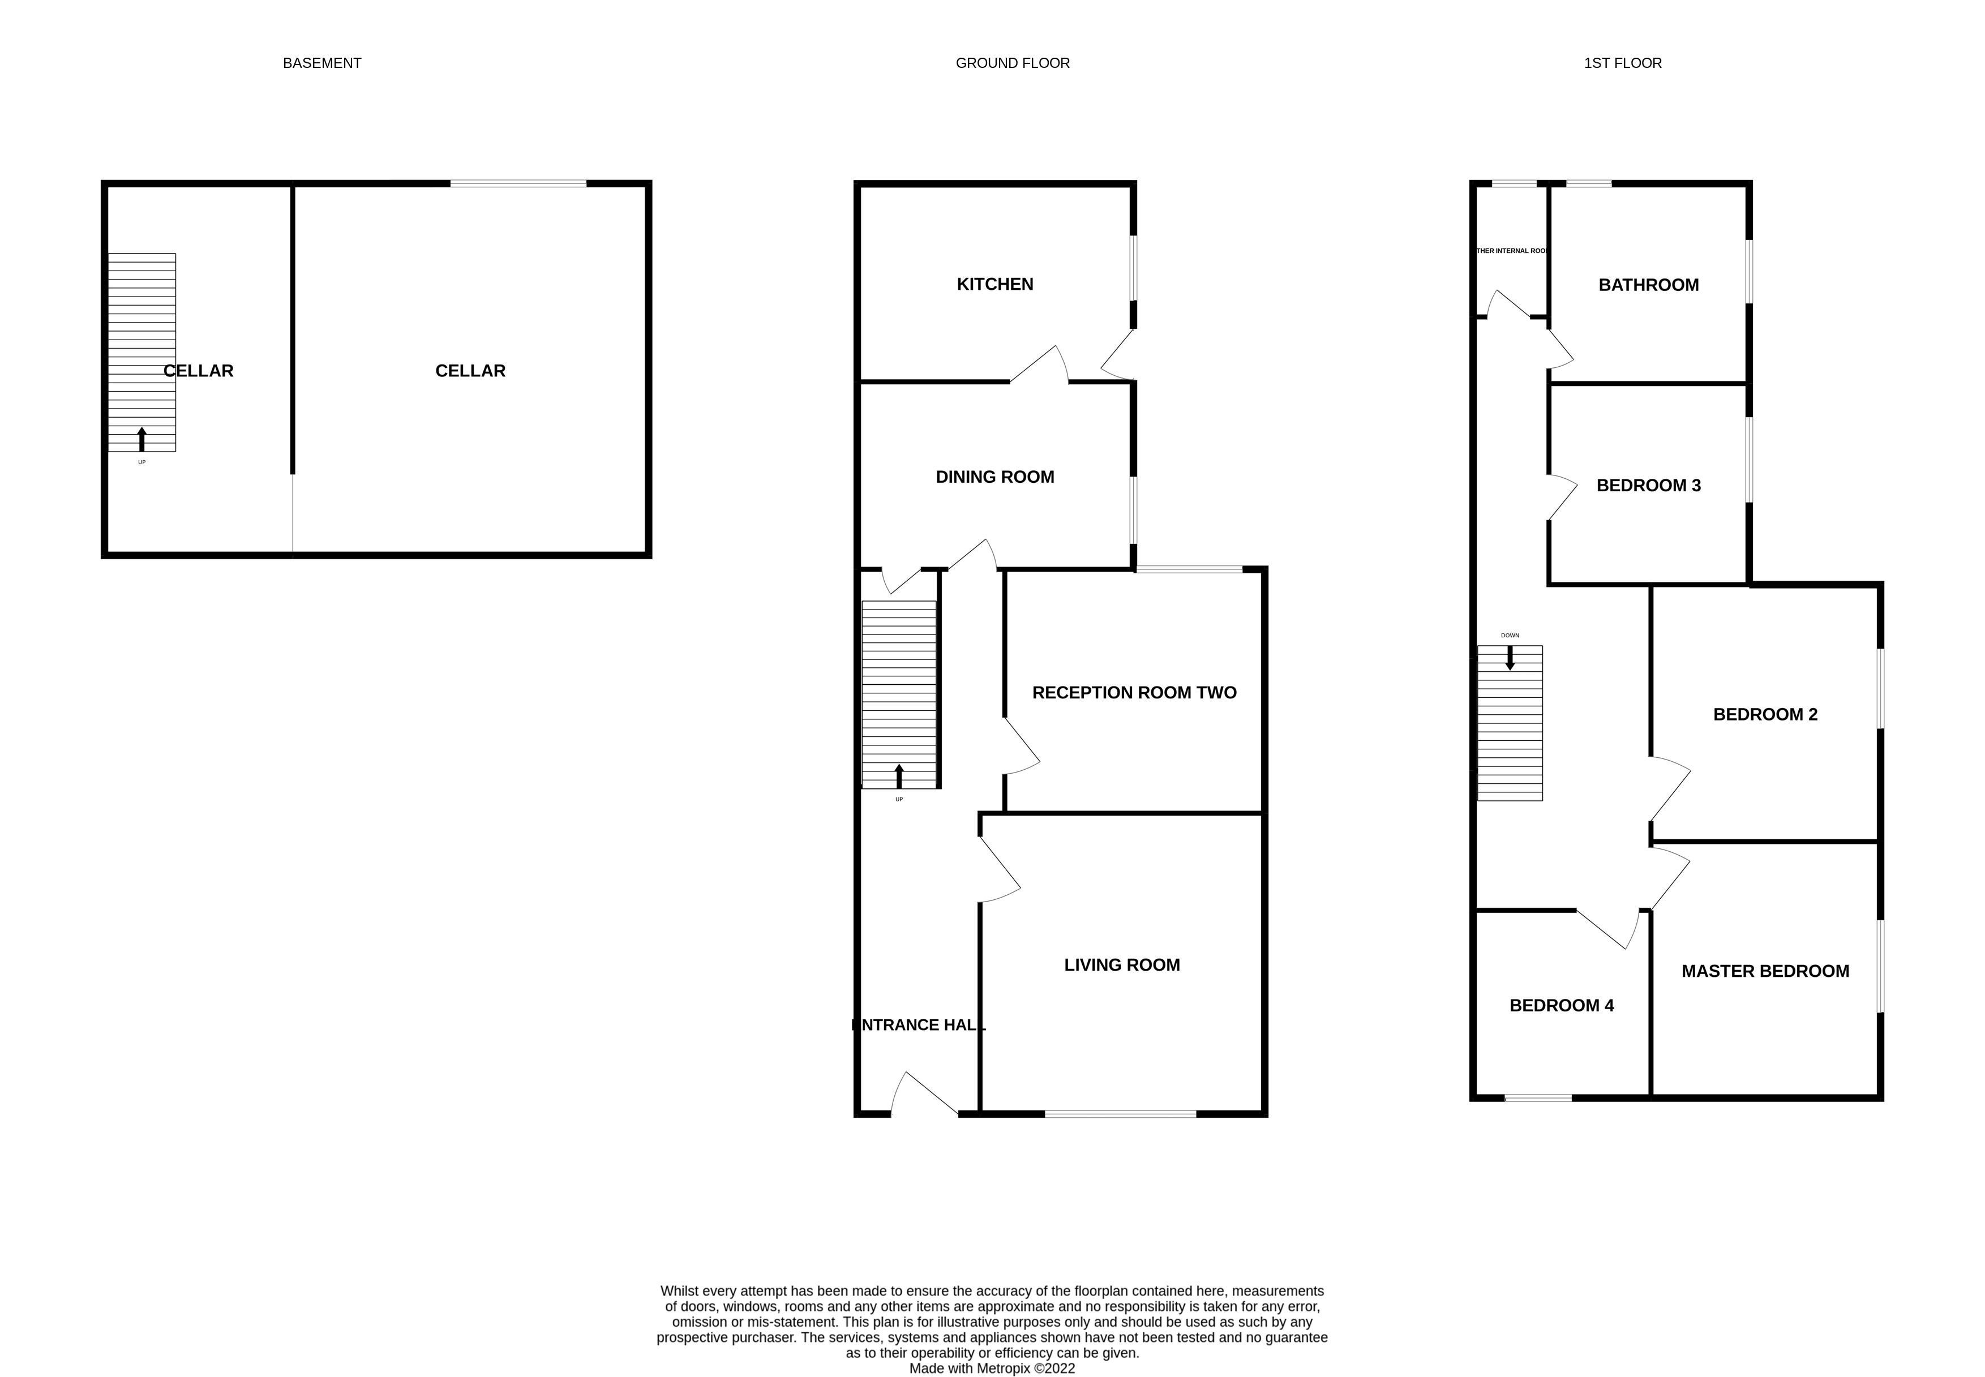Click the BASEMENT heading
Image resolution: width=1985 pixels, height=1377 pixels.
[321, 63]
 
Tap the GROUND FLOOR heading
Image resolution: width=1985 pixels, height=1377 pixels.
[1012, 63]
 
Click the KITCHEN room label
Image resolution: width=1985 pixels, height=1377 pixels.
[994, 284]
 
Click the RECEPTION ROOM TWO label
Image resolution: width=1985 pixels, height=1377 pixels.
[1134, 692]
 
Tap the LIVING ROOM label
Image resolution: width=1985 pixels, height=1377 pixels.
[1121, 964]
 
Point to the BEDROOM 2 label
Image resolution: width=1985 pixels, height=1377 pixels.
[1764, 714]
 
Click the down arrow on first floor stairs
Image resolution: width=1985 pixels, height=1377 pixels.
[1510, 658]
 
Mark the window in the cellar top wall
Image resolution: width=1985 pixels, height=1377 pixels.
[517, 183]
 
